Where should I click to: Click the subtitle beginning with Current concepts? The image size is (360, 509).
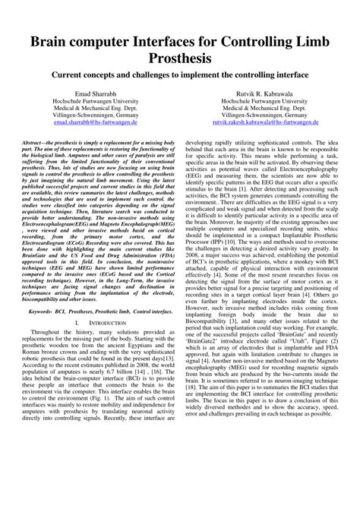click(180, 75)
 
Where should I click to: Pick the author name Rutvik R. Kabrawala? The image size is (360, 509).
click(271, 92)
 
